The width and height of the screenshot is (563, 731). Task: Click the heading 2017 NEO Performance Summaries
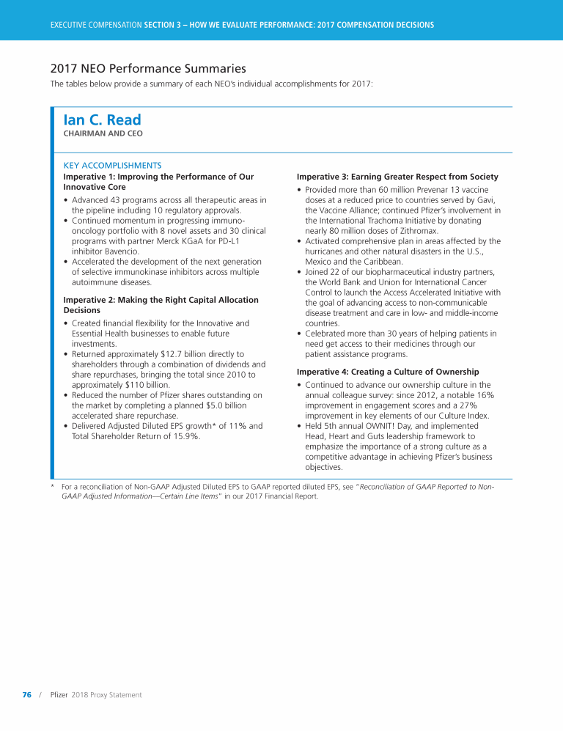[x=148, y=69]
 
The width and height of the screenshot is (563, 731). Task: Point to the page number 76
[x=26, y=694]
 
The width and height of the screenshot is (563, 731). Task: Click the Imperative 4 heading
[x=388, y=372]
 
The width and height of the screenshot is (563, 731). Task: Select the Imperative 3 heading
[x=397, y=177]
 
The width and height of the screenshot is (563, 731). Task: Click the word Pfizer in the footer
[x=59, y=694]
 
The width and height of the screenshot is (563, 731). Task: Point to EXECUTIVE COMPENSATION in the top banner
[x=95, y=25]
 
